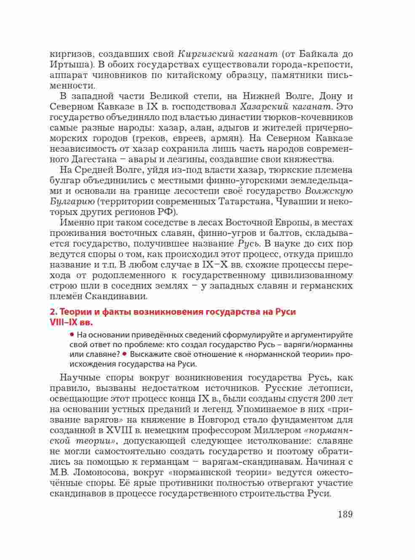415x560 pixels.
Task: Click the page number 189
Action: pyautogui.click(x=344, y=514)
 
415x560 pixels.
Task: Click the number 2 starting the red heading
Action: pyautogui.click(x=52, y=312)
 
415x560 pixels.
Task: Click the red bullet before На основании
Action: pyautogui.click(x=72, y=335)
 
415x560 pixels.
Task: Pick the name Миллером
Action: pyautogui.click(x=279, y=430)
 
